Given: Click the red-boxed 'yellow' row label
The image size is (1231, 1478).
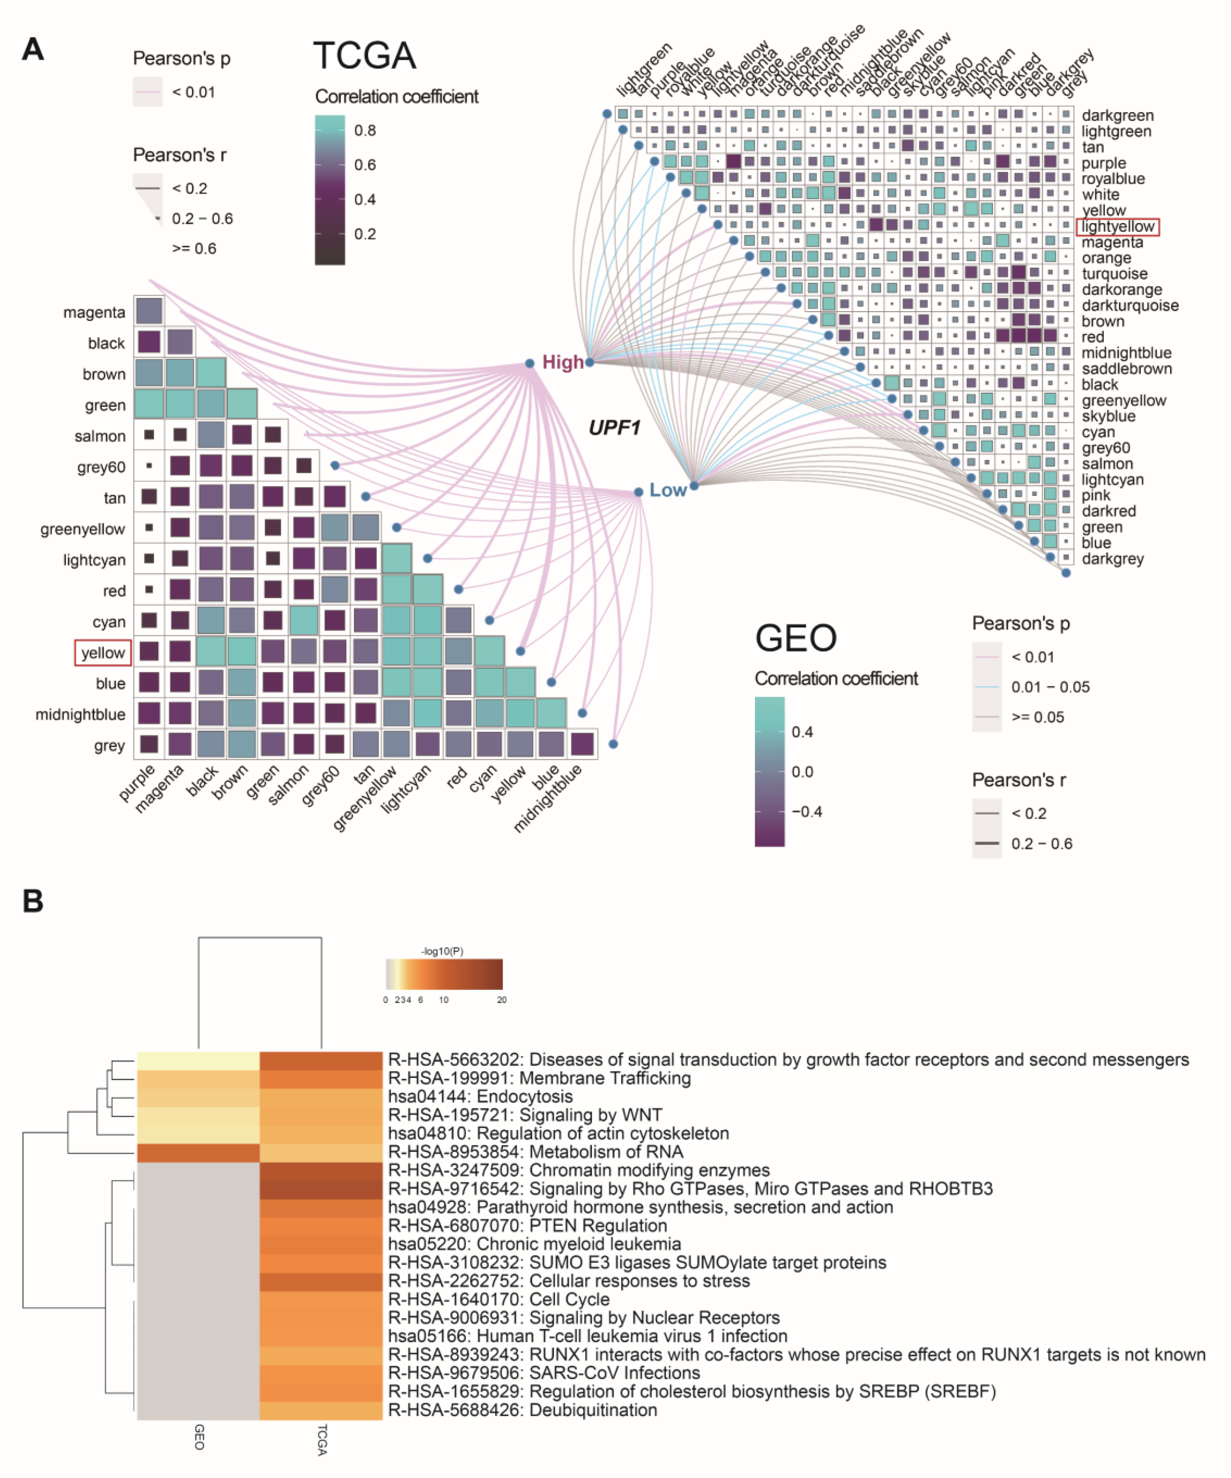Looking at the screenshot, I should point(103,652).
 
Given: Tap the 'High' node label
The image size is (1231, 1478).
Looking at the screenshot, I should point(562,363).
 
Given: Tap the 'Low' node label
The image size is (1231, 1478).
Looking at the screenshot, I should point(667,490).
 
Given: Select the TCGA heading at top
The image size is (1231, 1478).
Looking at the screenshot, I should point(365,56).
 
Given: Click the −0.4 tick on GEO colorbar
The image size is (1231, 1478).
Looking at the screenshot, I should point(806,812).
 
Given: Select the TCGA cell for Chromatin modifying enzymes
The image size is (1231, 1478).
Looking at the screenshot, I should point(321,1171).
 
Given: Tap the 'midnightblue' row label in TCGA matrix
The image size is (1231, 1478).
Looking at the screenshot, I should point(80,714).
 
